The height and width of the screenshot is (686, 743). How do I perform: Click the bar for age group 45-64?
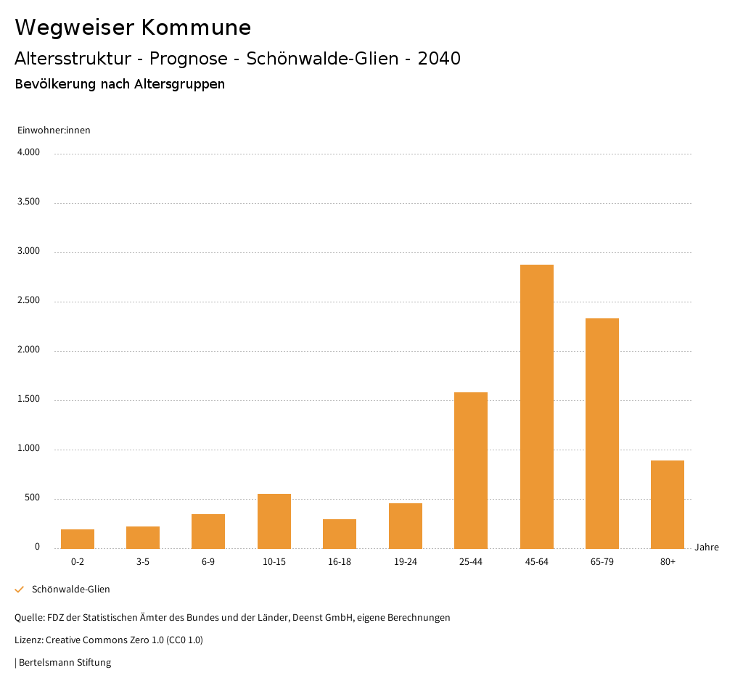point(536,406)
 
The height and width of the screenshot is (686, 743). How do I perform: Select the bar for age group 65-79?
point(602,433)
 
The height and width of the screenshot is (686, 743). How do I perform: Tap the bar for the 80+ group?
point(667,504)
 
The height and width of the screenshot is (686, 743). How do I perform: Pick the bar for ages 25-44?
point(470,470)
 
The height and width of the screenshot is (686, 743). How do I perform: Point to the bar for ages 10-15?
point(274,521)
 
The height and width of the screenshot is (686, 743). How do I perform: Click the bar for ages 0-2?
point(77,539)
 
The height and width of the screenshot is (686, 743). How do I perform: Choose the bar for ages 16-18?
point(340,534)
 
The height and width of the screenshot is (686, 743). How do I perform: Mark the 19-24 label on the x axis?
point(405,562)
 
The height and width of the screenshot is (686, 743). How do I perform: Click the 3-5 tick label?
point(143,562)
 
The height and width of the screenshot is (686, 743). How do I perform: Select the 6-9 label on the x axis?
point(208,562)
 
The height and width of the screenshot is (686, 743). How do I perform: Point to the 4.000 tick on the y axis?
point(28,153)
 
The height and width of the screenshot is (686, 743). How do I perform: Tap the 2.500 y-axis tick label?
point(28,301)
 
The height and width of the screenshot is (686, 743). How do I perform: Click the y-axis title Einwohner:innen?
point(54,131)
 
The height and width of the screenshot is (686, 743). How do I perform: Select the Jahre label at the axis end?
point(706,547)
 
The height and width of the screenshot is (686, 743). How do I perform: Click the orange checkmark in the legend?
point(20,590)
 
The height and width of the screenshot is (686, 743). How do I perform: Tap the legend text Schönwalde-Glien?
point(71,590)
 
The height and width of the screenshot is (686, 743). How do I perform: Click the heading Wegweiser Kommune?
point(133,28)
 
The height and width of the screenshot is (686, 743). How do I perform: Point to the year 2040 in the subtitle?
point(439,59)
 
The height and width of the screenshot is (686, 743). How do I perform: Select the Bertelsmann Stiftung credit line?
point(64,663)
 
